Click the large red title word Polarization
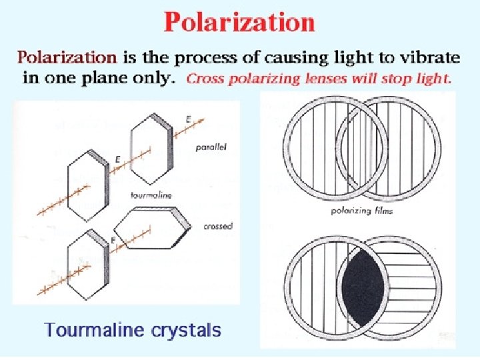pyautogui.click(x=239, y=23)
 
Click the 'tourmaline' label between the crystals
pyautogui.click(x=153, y=195)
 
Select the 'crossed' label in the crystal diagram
pyautogui.click(x=218, y=227)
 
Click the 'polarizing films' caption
pyautogui.click(x=361, y=211)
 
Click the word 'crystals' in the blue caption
pyautogui.click(x=189, y=329)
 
